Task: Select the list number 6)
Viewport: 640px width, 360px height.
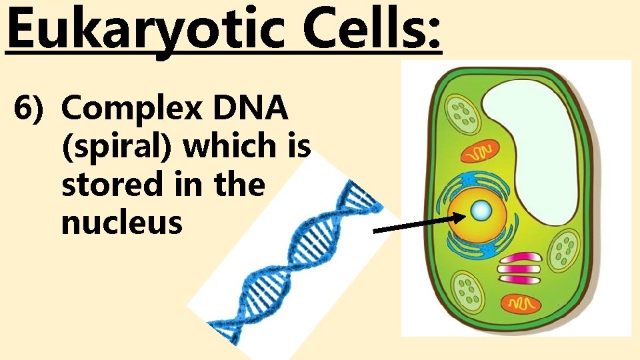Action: point(31,108)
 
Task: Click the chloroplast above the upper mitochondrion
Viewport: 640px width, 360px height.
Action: point(463,113)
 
